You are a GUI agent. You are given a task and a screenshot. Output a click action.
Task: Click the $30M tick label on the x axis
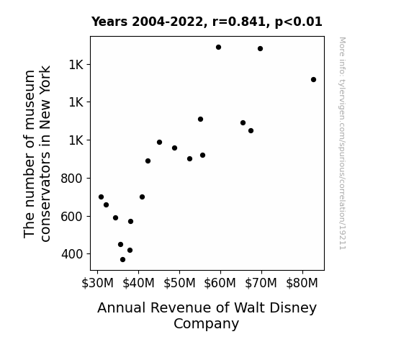click(97, 283)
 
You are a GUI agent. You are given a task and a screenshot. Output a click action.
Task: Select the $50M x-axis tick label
click(179, 283)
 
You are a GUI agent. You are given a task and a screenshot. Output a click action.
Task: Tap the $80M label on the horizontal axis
click(302, 283)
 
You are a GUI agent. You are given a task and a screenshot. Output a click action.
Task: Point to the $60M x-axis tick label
click(220, 283)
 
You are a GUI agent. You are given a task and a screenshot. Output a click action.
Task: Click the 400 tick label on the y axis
click(72, 254)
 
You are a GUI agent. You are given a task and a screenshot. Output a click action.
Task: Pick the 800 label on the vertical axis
click(72, 179)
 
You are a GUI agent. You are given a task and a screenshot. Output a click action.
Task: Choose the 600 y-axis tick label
click(72, 217)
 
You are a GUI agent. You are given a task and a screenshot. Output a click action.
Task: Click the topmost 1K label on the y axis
click(76, 65)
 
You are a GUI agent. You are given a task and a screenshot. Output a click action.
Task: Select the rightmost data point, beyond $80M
click(313, 79)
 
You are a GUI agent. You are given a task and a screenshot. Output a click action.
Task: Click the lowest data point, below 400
click(122, 260)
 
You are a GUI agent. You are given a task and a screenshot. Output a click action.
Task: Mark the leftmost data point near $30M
click(101, 197)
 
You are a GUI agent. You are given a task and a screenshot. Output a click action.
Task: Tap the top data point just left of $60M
click(218, 48)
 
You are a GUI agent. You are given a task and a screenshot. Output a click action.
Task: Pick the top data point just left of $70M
click(260, 48)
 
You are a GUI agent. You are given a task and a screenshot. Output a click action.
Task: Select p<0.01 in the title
click(299, 22)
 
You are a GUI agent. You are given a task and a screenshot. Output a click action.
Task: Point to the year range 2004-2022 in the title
click(168, 22)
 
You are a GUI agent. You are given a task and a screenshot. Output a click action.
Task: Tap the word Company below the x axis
click(206, 324)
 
